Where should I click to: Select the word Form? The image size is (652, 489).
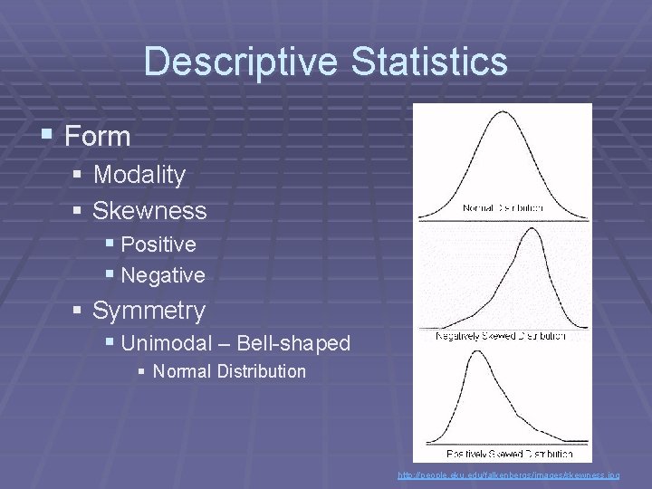[98, 137]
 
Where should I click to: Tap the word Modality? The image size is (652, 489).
[139, 174]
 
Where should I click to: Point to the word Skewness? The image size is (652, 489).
[149, 211]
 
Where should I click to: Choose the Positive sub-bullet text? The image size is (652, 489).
[158, 244]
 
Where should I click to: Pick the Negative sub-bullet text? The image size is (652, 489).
[162, 274]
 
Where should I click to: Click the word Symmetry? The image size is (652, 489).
[149, 311]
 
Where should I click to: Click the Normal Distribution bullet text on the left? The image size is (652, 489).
[229, 371]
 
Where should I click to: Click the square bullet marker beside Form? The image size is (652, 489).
[47, 136]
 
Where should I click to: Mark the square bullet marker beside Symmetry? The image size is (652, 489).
[78, 311]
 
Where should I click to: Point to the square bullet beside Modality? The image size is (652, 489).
[78, 174]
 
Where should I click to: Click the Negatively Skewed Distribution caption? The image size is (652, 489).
[501, 336]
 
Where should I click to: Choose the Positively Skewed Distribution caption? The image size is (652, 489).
[510, 453]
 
